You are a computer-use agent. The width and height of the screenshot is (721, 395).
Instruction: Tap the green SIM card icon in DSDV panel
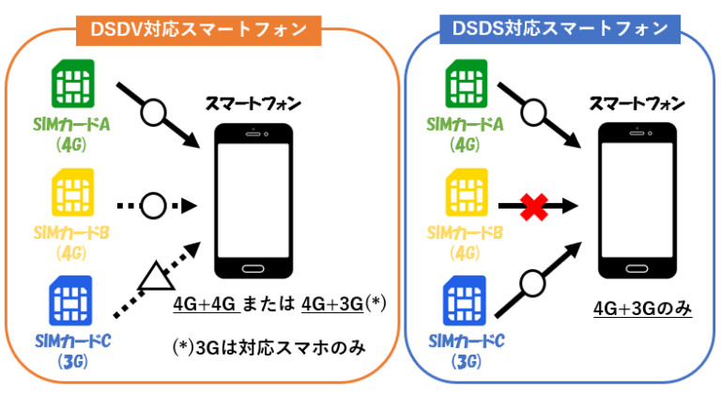pyautogui.click(x=72, y=87)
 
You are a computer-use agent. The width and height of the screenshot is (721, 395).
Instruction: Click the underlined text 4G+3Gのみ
pyautogui.click(x=643, y=308)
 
